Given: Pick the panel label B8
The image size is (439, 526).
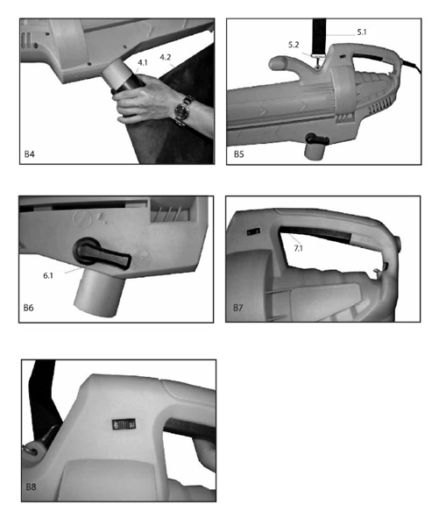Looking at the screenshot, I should (32, 485).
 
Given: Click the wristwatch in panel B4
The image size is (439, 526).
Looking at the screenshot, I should (181, 111).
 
